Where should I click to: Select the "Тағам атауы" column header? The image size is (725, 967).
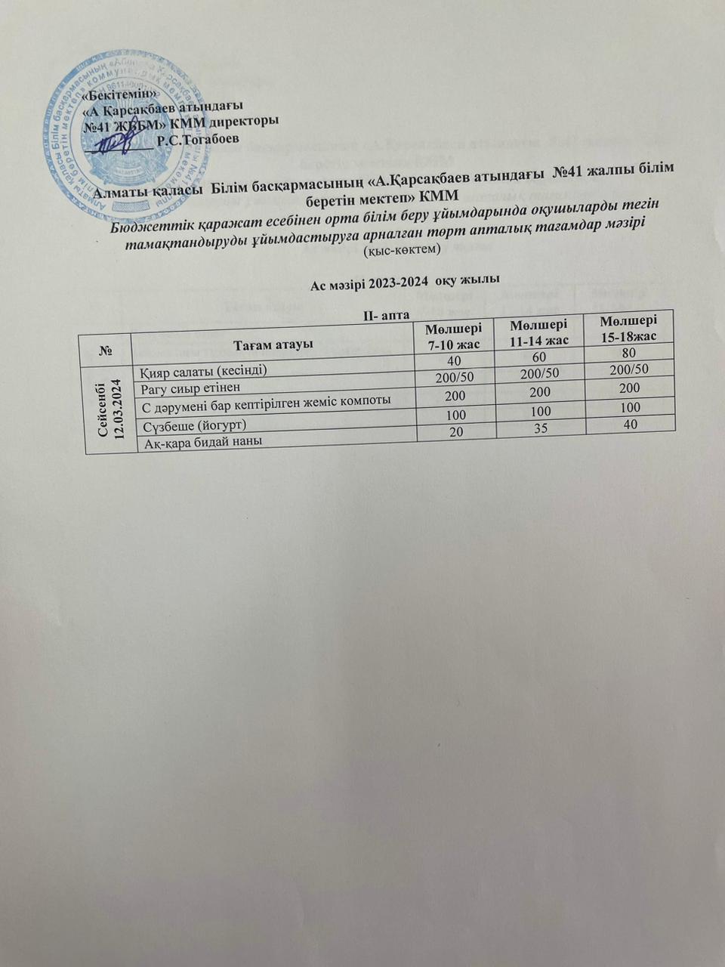[x=273, y=345]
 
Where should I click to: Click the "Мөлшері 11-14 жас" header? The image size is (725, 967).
[x=539, y=332]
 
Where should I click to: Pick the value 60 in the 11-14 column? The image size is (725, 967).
[x=539, y=356]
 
